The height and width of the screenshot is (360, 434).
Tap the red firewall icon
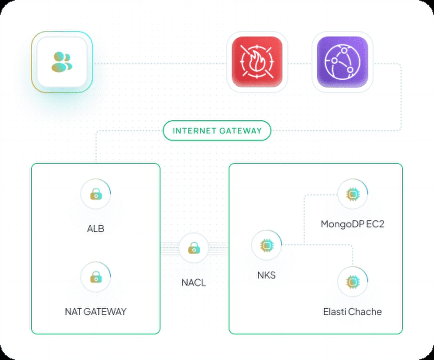coord(257,62)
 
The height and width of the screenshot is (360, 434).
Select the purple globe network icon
coord(342,62)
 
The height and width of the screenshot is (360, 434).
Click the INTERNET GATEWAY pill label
coord(217,131)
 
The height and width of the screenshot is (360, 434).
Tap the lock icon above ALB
coord(96,194)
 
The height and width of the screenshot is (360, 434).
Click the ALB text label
coord(96,228)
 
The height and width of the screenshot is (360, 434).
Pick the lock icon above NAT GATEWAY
coord(96,277)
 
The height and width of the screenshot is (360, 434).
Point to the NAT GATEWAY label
coord(96,312)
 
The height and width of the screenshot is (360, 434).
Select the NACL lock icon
coord(194,247)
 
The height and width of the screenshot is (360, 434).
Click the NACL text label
coord(194,283)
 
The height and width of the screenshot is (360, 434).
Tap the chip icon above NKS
coord(266,245)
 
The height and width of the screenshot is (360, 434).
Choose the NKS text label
coord(266,275)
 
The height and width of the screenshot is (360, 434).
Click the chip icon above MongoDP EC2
coord(352,194)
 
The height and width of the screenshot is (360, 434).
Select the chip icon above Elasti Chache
coord(352,281)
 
